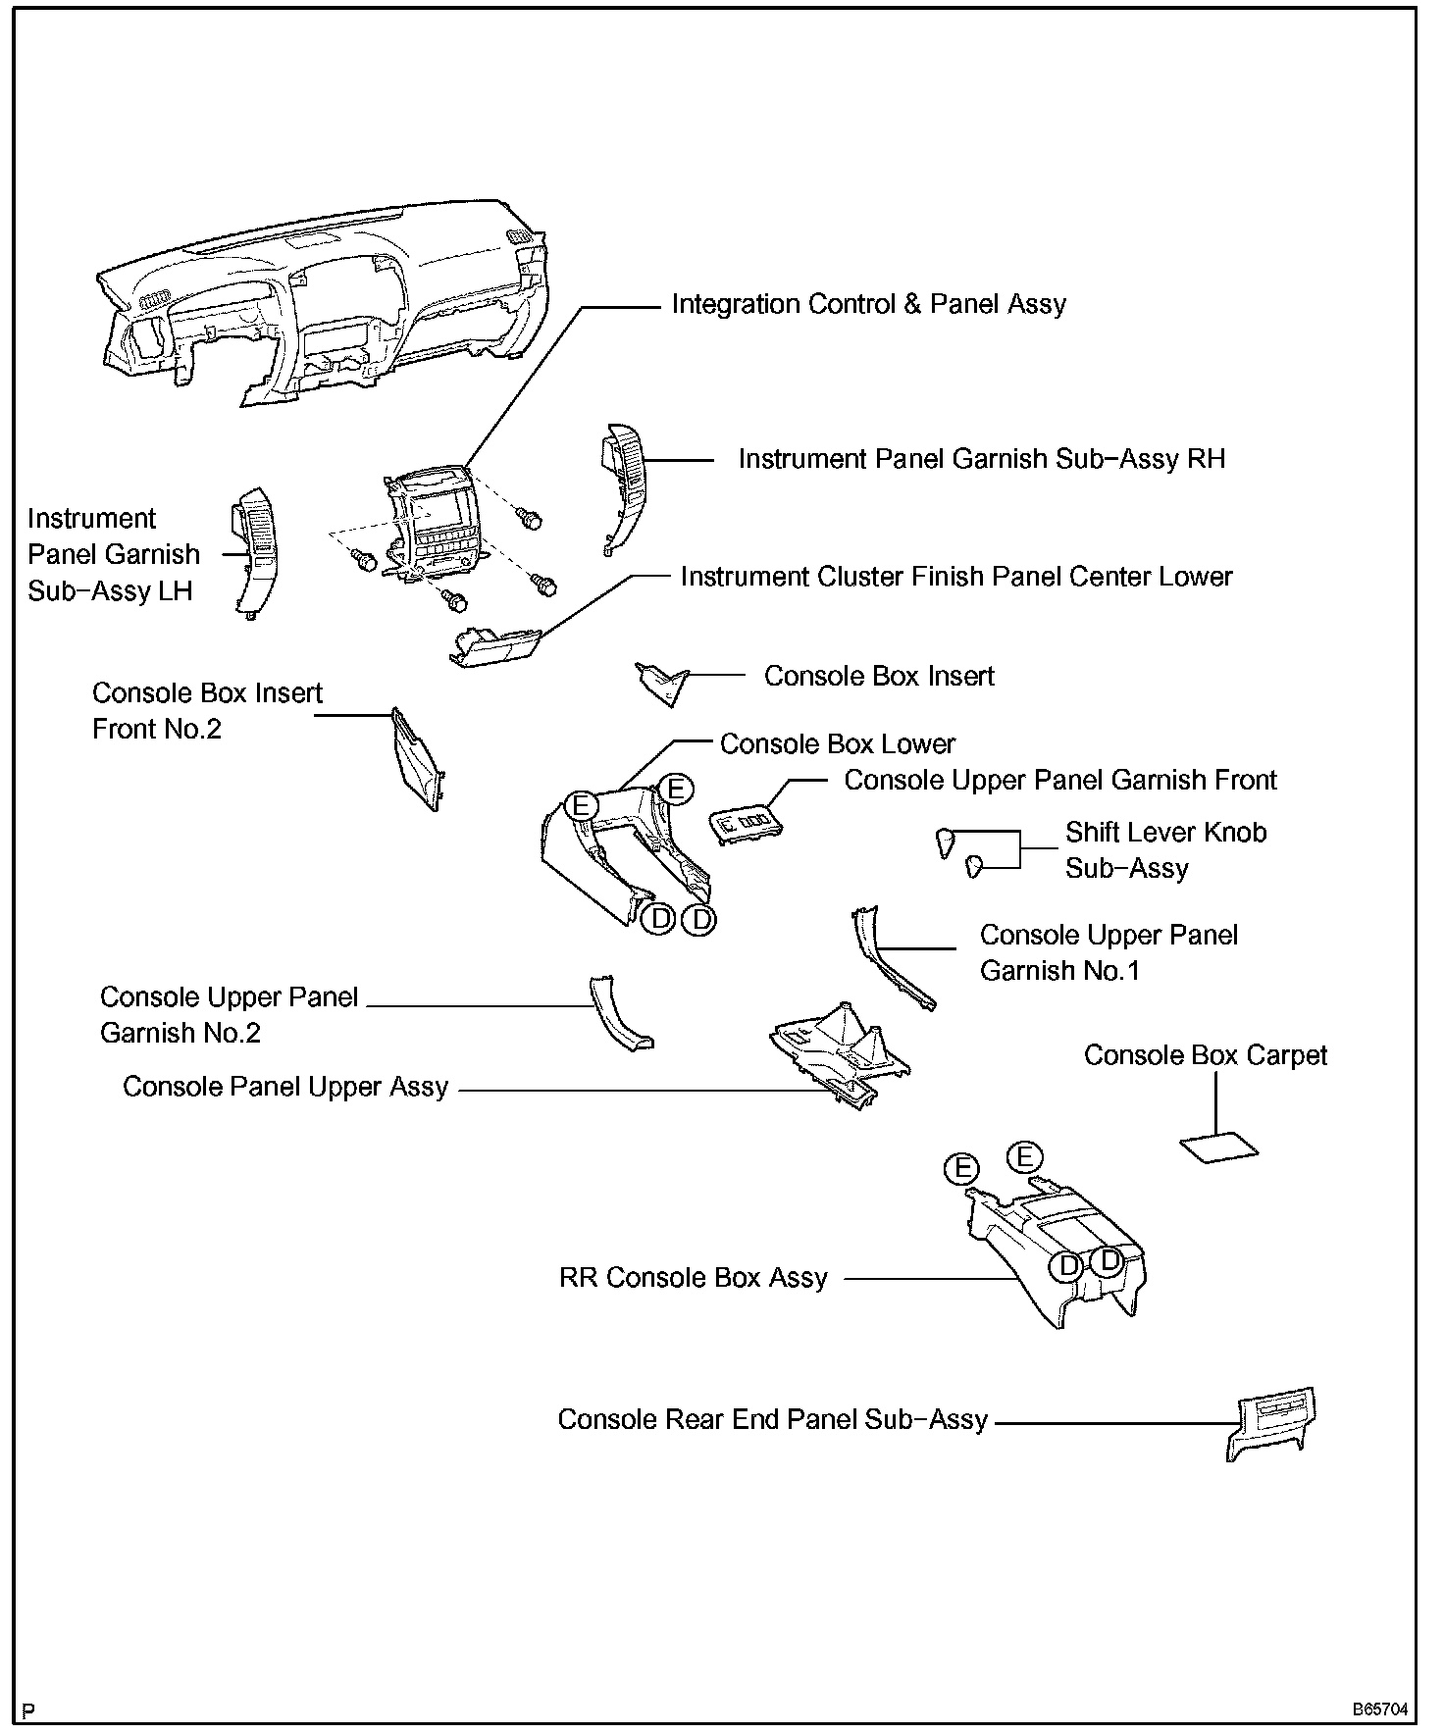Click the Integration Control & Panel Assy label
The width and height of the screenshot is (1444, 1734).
tap(868, 304)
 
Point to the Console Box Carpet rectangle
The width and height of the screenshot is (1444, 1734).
tap(1217, 1147)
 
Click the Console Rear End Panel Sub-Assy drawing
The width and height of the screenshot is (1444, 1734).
tap(1270, 1422)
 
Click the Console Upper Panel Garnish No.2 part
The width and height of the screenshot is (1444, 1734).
tap(618, 1014)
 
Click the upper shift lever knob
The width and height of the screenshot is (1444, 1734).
tap(946, 841)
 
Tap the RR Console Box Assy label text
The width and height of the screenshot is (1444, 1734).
tap(693, 1278)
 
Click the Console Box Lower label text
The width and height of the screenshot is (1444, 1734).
tap(837, 744)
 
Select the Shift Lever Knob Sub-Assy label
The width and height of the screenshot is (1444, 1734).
tap(1165, 849)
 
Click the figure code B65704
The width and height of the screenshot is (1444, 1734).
tap(1380, 1708)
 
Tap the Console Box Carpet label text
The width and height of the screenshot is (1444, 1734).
tap(1205, 1055)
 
